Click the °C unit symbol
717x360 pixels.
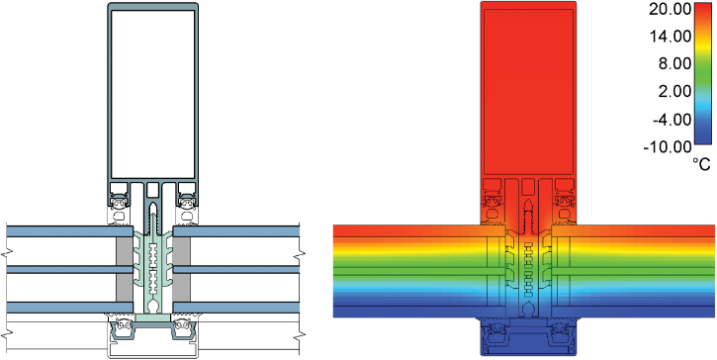coord(701,164)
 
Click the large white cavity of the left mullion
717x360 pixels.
coord(152,94)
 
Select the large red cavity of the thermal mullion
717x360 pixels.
coord(528,92)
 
